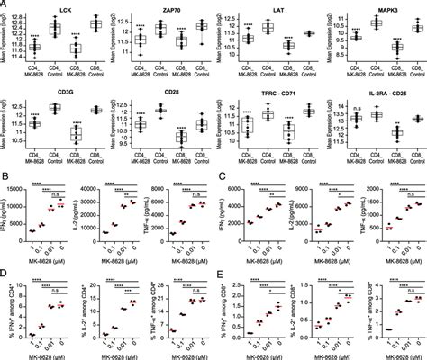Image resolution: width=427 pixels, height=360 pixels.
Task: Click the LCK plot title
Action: pos(66,8)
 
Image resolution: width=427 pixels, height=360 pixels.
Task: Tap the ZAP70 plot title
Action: pos(167,8)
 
